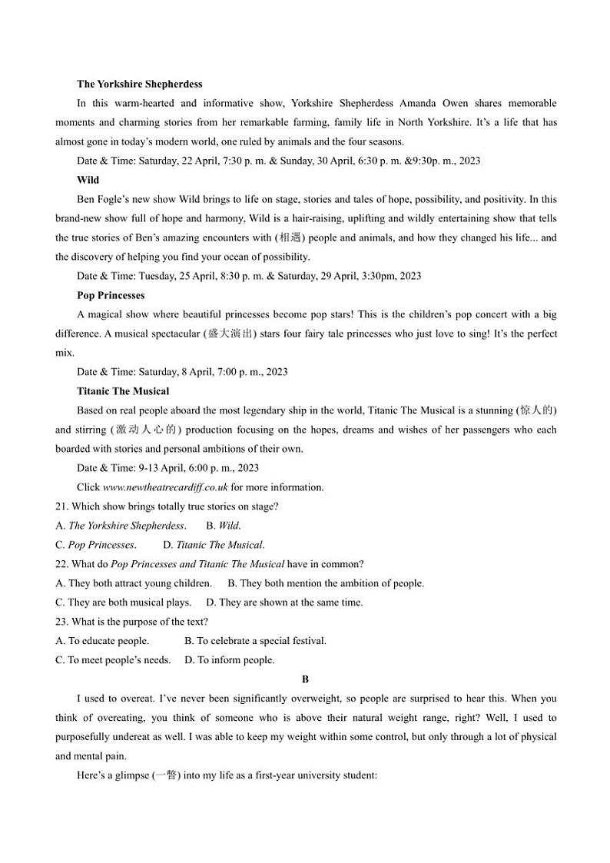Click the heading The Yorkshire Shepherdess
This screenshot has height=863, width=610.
click(x=139, y=84)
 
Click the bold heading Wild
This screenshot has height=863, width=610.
click(x=88, y=180)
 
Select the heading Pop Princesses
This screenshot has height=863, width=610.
click(x=111, y=295)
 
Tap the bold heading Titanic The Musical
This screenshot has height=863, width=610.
click(x=123, y=391)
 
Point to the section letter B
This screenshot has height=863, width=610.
click(x=305, y=679)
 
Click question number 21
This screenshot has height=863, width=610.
click(x=61, y=506)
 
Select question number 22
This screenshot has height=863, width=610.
click(x=61, y=564)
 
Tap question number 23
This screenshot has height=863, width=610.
click(x=61, y=622)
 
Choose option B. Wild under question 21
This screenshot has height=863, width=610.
click(x=224, y=526)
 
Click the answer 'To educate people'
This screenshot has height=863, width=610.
click(x=103, y=641)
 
